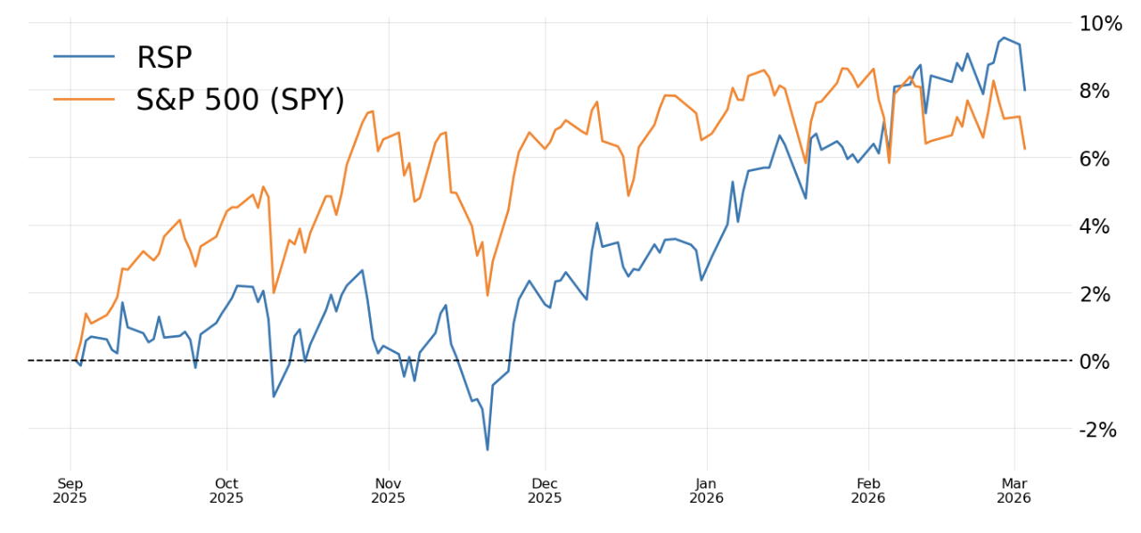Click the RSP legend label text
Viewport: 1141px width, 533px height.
(164, 58)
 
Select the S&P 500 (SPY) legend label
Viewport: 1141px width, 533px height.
(240, 99)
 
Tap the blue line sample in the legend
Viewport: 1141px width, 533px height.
(85, 57)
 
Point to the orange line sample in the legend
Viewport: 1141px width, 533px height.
(85, 98)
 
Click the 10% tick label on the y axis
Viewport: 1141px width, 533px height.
(1100, 23)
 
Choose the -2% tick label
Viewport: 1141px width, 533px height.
(1101, 430)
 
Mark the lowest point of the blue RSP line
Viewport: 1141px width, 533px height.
(488, 450)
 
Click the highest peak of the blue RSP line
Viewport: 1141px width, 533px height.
(1004, 37)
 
